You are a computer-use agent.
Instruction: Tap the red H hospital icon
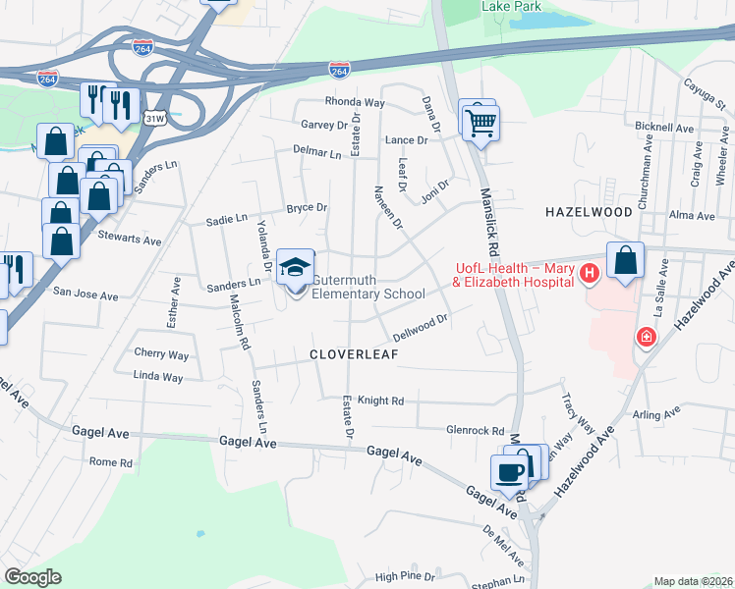point(590,273)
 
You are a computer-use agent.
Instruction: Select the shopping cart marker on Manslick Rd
point(481,123)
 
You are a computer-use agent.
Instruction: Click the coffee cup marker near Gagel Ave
point(509,472)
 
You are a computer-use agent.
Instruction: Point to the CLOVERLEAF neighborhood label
point(355,354)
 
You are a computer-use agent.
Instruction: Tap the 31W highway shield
point(154,118)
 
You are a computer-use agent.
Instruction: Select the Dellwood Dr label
point(421,323)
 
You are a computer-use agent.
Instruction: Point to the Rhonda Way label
point(355,102)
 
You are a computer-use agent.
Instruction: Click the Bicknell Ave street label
point(665,128)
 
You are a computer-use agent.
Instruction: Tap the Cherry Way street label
point(161,353)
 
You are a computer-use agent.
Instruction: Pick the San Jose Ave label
point(85,293)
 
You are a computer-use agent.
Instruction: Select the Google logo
point(32,577)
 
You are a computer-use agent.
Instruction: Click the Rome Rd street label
point(110,462)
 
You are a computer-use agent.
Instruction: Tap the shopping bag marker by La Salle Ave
point(626,262)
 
